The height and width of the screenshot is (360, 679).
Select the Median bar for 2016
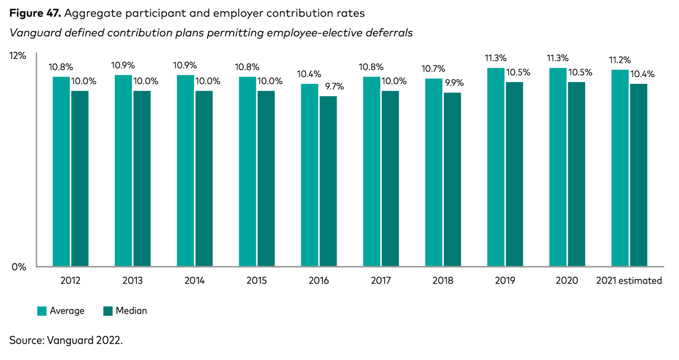[x=328, y=181]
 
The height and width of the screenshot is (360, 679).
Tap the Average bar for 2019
[x=496, y=167]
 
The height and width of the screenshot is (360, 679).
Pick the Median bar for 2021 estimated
[x=638, y=175]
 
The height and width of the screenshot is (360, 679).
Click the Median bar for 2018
[x=452, y=179]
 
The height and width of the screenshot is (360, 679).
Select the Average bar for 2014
[x=185, y=170]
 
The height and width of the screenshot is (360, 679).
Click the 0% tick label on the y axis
[x=19, y=267]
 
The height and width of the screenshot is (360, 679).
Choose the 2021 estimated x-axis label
[x=629, y=281]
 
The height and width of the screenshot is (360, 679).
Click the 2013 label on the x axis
[x=132, y=281]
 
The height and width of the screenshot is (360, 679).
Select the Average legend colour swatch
[x=42, y=311]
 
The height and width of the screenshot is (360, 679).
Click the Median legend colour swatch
[x=108, y=311]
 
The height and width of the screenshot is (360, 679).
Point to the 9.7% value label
[x=334, y=87]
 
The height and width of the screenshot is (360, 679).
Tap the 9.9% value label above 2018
[x=454, y=83]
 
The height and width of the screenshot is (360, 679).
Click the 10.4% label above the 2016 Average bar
[x=309, y=74]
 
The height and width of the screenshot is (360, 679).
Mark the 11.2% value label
[x=620, y=60]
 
